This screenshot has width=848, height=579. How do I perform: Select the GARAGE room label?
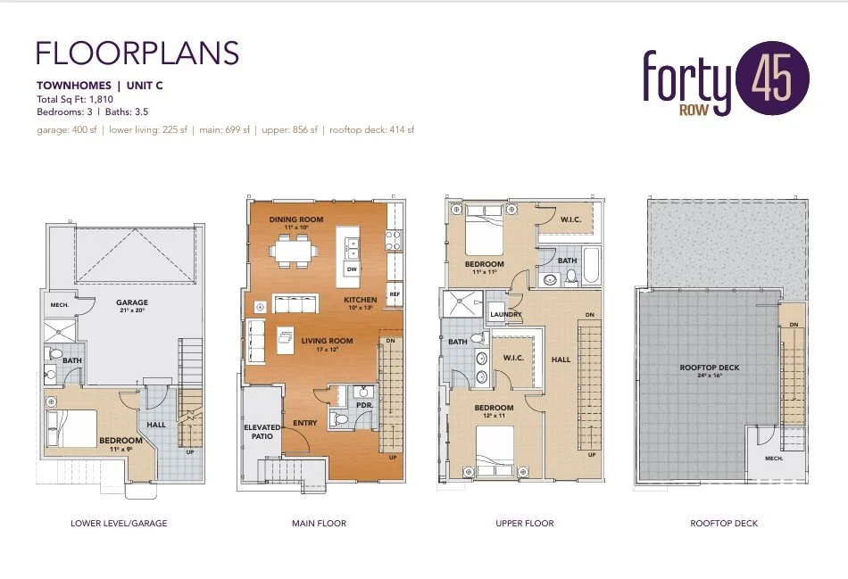pos(131,302)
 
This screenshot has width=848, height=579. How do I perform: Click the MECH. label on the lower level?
pos(48,305)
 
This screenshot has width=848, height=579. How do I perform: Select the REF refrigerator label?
pos(394,294)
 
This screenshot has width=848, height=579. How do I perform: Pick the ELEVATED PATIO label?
pos(262,432)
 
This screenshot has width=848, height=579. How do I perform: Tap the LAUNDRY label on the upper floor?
pos(505,314)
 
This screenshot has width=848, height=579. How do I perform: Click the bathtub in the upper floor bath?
pos(591,264)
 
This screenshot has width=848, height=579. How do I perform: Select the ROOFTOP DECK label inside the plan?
pos(709,368)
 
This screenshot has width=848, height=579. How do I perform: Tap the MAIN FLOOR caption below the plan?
pos(319,523)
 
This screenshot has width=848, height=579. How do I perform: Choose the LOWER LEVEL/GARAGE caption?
pos(119,523)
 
